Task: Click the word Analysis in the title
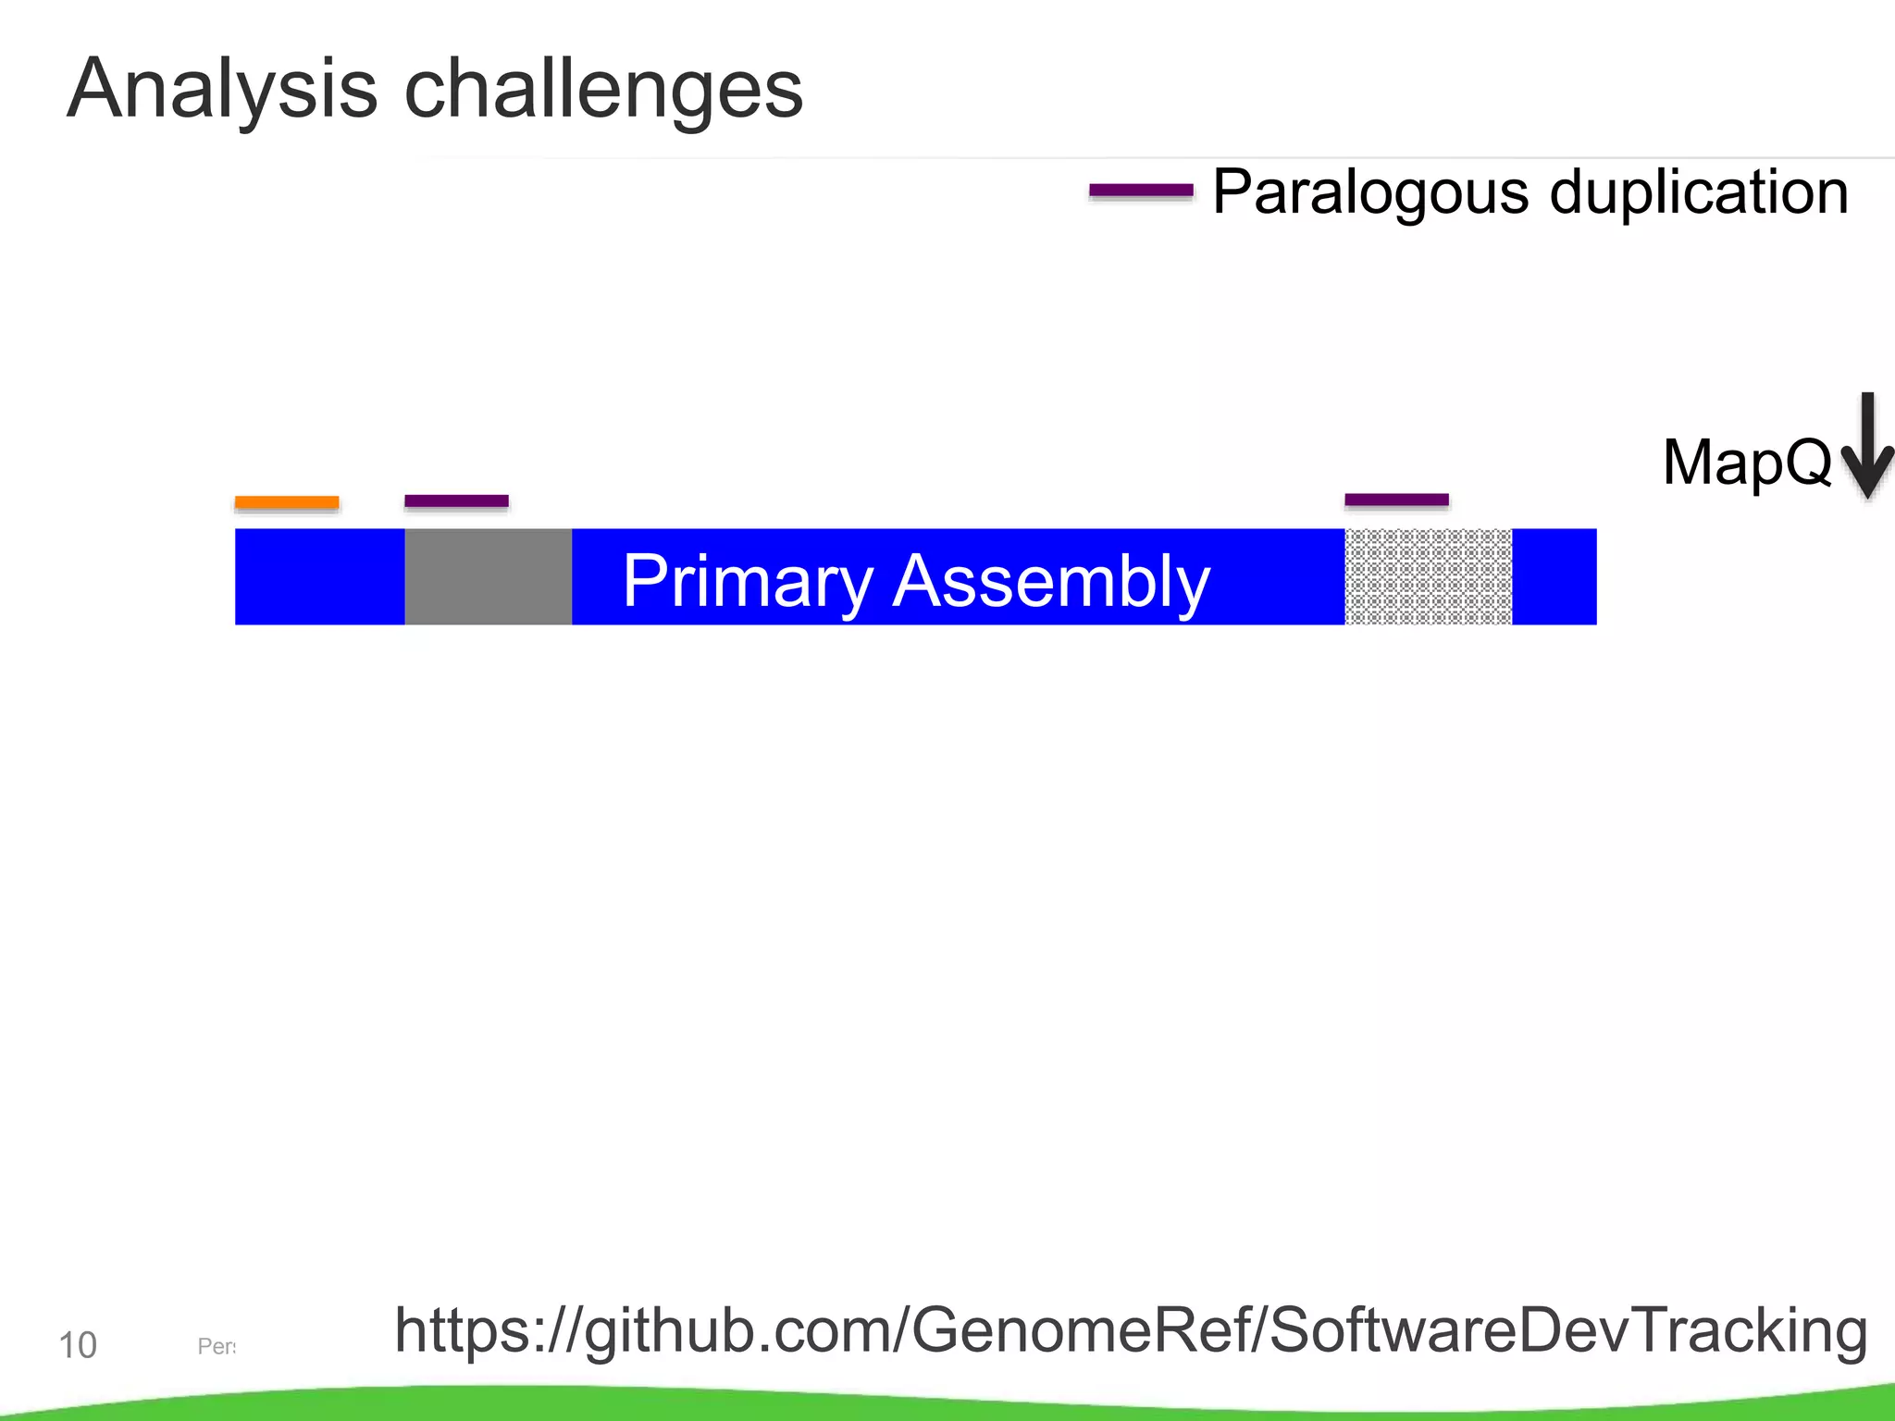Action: point(222,90)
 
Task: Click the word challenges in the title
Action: point(603,90)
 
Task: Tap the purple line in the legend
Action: point(1141,192)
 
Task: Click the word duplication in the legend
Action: point(1699,192)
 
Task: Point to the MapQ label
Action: point(1746,462)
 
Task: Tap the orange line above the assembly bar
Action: point(287,502)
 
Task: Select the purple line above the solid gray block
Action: point(456,501)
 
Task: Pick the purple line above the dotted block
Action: point(1396,500)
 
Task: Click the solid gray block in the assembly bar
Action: point(488,576)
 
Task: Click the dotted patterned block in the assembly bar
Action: point(1428,576)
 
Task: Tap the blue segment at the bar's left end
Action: point(319,576)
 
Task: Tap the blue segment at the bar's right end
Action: point(1554,576)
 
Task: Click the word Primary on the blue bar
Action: point(748,581)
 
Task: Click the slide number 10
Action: point(78,1345)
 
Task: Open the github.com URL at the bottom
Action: point(1130,1330)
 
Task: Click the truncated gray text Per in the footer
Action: point(217,1346)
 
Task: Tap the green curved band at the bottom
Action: point(947,1404)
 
